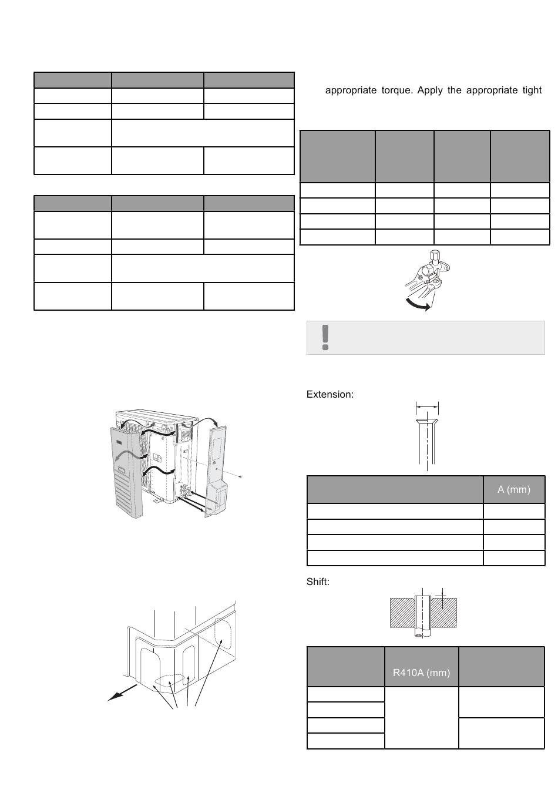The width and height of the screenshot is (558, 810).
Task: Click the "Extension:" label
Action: pos(330,394)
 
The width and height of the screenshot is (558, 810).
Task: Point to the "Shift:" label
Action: pos(318,582)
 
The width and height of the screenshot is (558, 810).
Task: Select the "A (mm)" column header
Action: pos(513,489)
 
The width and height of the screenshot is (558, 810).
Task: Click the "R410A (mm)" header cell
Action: pos(421,673)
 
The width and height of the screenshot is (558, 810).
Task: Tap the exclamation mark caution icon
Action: pos(325,337)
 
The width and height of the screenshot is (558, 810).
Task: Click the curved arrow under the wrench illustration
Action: pos(418,304)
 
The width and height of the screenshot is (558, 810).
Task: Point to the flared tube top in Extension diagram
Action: pos(426,422)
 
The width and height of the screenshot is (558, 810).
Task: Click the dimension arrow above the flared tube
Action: pos(427,405)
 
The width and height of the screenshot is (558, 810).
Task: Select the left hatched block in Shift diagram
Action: pos(402,612)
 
